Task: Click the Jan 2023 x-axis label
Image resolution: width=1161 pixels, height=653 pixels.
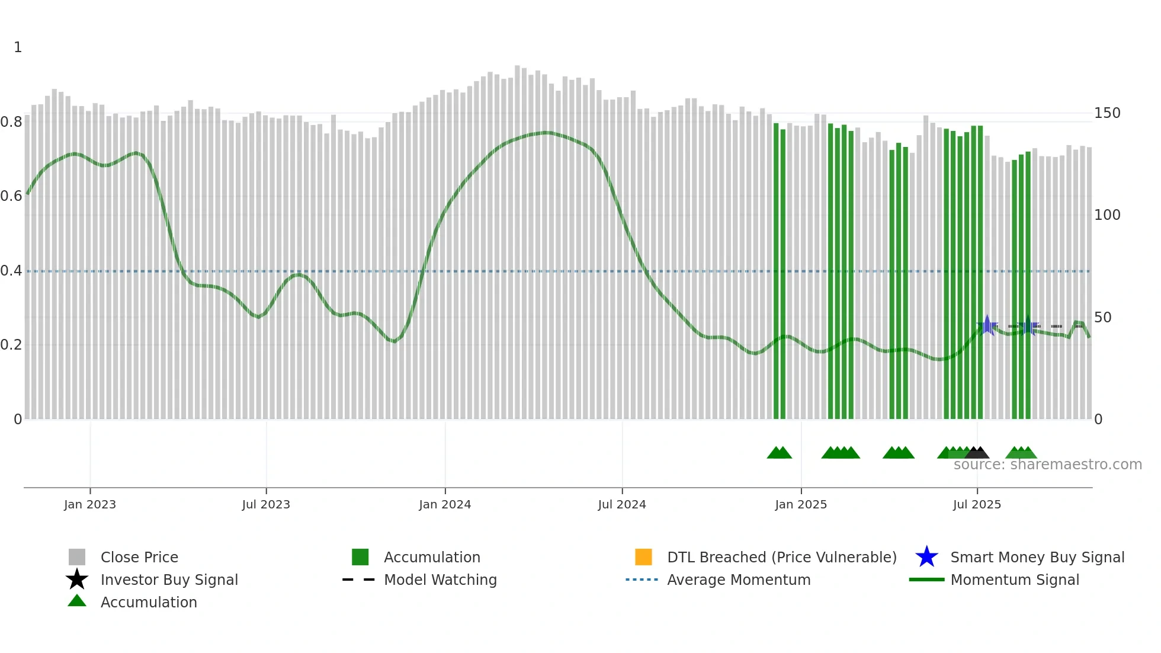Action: (x=90, y=504)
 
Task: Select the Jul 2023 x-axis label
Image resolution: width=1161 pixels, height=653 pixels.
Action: (x=266, y=504)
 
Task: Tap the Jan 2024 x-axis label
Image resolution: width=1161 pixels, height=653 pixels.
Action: (x=445, y=504)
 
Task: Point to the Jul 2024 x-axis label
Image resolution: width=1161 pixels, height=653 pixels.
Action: (x=622, y=504)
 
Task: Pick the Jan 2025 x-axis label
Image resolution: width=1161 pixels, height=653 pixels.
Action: (x=801, y=504)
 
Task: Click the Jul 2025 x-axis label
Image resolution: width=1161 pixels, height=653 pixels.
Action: (x=977, y=504)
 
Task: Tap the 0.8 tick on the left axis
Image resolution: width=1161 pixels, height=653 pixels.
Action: (x=11, y=122)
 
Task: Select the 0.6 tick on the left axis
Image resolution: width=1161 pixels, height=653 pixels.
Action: (x=11, y=196)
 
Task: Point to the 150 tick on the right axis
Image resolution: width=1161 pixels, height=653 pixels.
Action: (x=1107, y=113)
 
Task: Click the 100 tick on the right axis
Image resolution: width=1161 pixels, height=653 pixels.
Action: (x=1107, y=215)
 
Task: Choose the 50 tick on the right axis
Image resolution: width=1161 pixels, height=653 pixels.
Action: (x=1103, y=318)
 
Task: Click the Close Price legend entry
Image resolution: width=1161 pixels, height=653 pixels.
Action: (x=139, y=557)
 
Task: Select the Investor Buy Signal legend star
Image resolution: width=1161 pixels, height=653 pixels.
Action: (x=77, y=580)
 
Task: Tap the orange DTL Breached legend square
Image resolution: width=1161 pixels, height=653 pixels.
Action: (x=643, y=557)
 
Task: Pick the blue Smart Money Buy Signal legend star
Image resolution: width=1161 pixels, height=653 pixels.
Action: (x=926, y=557)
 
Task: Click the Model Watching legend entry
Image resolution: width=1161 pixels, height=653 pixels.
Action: (x=440, y=580)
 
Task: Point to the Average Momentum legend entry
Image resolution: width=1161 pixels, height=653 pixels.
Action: (x=739, y=580)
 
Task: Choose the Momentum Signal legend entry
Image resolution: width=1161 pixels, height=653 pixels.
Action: (x=1015, y=580)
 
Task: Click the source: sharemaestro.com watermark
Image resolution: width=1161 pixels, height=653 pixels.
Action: (x=1048, y=465)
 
